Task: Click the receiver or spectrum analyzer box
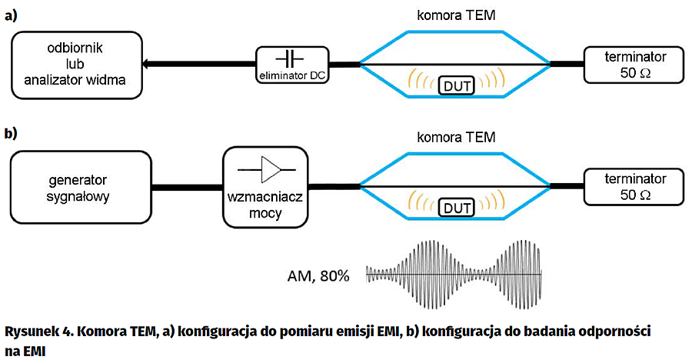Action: (77, 65)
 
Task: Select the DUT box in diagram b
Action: (455, 208)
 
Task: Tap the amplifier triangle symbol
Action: (271, 167)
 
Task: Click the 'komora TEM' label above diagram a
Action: (455, 15)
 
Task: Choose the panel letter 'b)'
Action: (12, 134)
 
